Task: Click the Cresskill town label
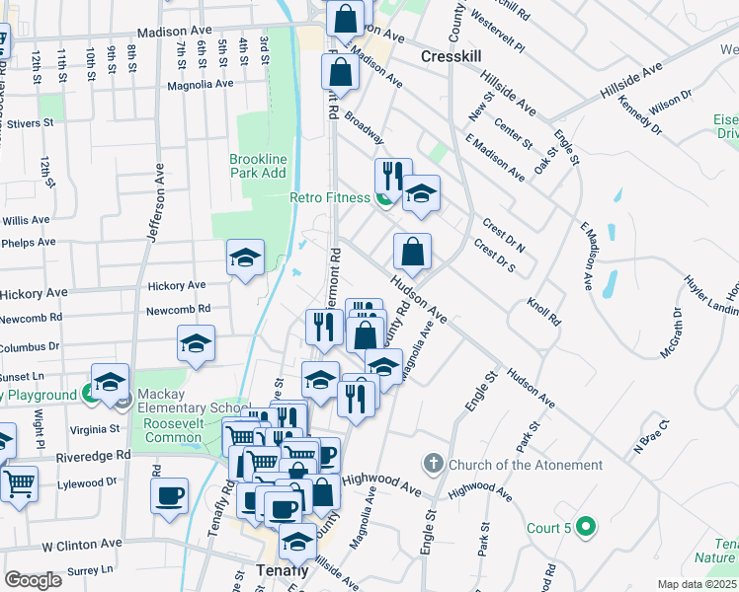click(451, 56)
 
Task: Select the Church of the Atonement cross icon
click(434, 464)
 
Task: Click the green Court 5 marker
click(586, 528)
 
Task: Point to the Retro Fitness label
click(330, 197)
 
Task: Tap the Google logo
click(33, 580)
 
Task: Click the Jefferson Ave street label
click(154, 204)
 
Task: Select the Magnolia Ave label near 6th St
click(200, 84)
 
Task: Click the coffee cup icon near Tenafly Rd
click(169, 493)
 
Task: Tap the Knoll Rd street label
click(543, 312)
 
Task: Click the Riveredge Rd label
click(94, 456)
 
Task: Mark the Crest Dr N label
click(504, 234)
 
